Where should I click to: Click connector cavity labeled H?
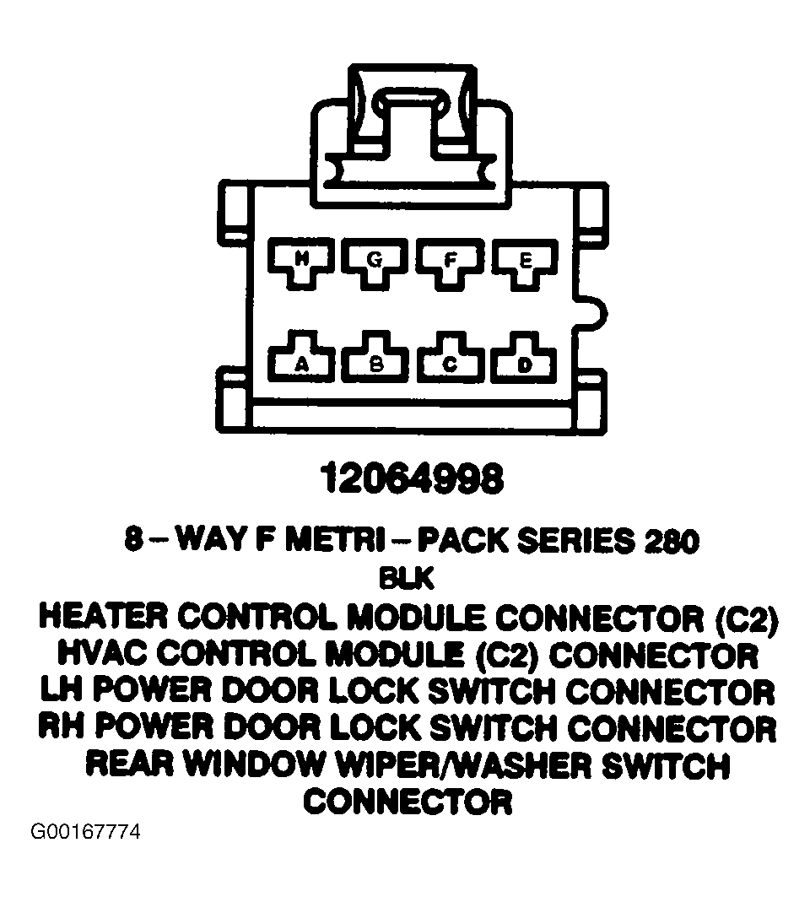301,262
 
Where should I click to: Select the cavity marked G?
375,262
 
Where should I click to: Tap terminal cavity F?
450,262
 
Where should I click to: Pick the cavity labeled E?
524,262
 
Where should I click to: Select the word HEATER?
105,618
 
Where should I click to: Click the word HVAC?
102,655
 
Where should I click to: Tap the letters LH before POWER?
62,691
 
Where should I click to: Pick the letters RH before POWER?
61,727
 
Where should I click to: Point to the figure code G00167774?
85,832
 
